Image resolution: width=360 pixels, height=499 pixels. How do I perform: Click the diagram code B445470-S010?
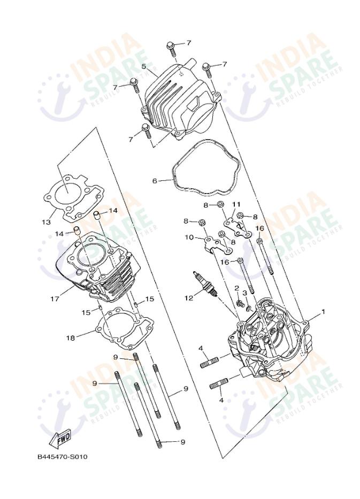[x=62, y=457]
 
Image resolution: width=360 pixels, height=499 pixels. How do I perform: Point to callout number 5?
[x=143, y=66]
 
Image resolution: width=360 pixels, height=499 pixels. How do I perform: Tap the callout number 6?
[x=155, y=181]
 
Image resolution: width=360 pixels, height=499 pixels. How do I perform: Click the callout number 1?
[x=323, y=311]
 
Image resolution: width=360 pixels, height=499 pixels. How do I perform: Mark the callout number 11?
[x=235, y=204]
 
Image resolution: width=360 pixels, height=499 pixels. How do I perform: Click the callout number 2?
[x=236, y=288]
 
